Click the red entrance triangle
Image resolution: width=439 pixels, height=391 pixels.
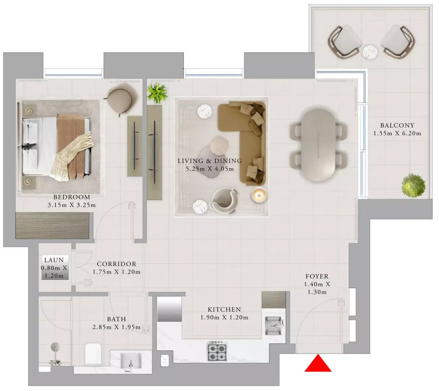click(x=318, y=363)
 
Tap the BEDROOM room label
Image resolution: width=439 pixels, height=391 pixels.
click(x=72, y=197)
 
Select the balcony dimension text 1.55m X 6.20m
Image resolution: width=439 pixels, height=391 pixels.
click(x=397, y=134)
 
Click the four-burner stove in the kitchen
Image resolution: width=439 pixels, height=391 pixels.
click(x=217, y=351)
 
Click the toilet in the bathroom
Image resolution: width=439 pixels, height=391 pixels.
click(x=93, y=354)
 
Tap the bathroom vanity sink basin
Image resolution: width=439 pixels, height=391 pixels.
click(x=131, y=362)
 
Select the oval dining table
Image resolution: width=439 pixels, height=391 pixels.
click(x=318, y=145)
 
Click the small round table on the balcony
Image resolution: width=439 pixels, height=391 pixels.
click(x=370, y=52)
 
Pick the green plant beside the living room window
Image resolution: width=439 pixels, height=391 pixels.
click(x=157, y=93)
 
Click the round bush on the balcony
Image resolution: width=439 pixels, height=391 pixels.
click(x=413, y=186)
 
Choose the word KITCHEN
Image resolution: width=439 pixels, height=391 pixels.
click(x=224, y=310)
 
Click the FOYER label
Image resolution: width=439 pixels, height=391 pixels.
click(x=317, y=276)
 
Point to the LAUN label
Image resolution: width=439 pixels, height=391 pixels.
click(x=54, y=260)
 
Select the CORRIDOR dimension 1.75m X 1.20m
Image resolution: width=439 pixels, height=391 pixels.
click(x=117, y=272)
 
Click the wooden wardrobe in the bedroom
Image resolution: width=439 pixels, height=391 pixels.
click(x=52, y=225)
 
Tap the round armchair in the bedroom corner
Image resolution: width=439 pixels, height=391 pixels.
click(x=122, y=99)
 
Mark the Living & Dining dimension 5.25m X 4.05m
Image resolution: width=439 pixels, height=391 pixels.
click(x=209, y=169)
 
